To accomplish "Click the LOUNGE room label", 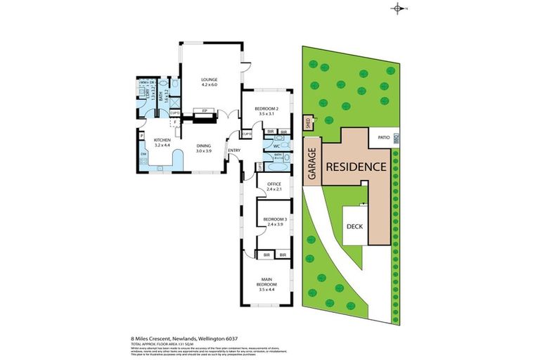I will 208,80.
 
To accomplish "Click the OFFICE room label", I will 274,184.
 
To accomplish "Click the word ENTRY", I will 233,150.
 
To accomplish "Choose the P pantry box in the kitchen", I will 142,136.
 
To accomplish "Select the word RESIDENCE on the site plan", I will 356,167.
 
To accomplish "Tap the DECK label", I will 354,226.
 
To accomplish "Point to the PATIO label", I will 384,138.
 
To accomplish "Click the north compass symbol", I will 399,8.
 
